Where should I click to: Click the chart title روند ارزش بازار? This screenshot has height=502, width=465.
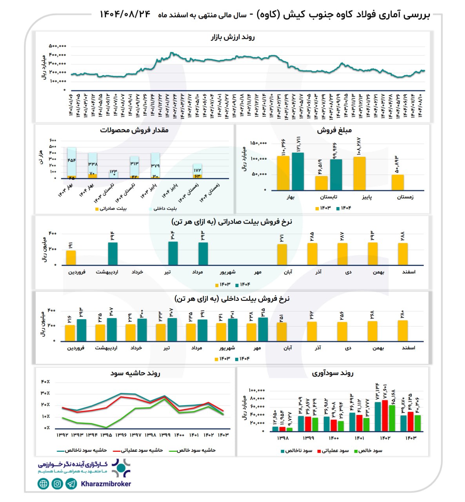(x=233, y=37)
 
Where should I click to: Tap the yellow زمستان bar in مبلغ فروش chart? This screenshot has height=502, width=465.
(x=398, y=182)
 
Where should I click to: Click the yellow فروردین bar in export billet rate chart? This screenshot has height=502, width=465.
(x=71, y=258)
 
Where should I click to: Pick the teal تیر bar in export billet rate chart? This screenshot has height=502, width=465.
(x=173, y=253)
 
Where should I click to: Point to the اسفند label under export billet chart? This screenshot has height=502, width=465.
(x=409, y=272)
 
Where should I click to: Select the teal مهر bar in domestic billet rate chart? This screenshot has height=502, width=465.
(x=263, y=329)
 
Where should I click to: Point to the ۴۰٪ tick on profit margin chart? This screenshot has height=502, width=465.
(x=45, y=382)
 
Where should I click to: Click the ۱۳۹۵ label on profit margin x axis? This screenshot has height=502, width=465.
(x=106, y=435)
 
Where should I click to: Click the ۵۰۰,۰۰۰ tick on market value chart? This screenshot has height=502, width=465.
(x=57, y=46)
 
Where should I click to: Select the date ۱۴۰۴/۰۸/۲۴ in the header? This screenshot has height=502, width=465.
(x=125, y=14)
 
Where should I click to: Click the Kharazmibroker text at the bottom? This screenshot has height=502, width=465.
(x=106, y=484)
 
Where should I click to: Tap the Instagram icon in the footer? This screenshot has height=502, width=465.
(x=57, y=484)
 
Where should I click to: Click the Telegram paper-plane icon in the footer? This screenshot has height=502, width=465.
(x=71, y=484)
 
